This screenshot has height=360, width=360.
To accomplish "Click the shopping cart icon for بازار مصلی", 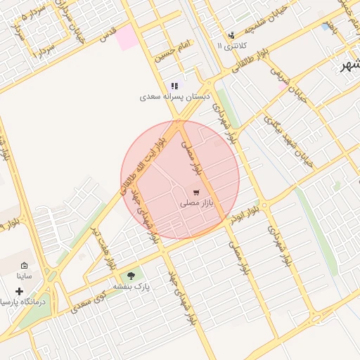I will [x=195, y=192].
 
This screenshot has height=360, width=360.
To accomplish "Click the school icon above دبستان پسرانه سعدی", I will [x=174, y=86].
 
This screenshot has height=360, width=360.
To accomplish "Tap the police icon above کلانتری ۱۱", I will [x=231, y=35].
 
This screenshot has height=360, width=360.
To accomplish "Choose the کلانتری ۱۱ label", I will [x=229, y=46].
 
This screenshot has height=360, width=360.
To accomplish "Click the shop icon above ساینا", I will [x=23, y=266].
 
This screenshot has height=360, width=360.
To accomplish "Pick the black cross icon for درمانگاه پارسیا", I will [x=18, y=290].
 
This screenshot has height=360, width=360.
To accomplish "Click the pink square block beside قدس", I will [x=127, y=37].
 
